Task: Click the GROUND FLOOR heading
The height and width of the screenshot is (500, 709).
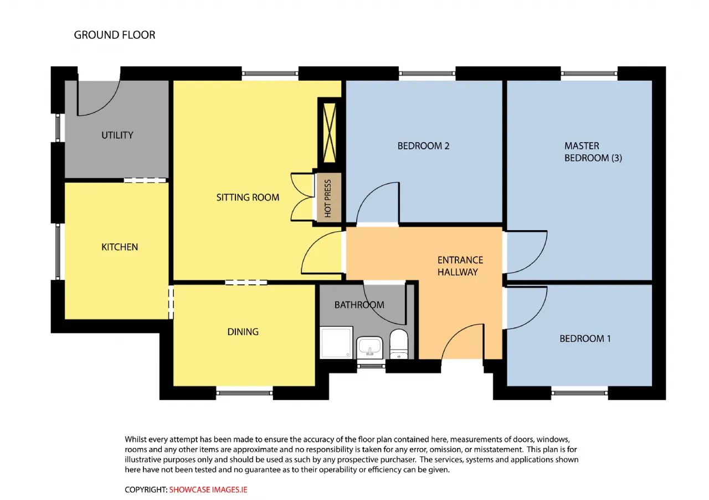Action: tap(115, 35)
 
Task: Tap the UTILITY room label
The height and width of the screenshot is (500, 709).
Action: tap(117, 136)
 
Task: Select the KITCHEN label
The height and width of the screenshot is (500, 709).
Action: tap(120, 247)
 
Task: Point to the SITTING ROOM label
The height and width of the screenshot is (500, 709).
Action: tap(248, 197)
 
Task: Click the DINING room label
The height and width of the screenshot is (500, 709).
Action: tap(243, 332)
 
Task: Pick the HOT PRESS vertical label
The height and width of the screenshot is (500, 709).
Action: tap(328, 199)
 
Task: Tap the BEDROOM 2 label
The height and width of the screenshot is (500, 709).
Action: tap(423, 146)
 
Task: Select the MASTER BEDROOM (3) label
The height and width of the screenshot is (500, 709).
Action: tap(593, 152)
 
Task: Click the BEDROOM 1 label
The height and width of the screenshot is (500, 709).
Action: tap(585, 339)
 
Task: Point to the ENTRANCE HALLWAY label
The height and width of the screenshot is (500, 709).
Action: tap(460, 266)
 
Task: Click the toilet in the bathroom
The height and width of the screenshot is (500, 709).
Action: tap(399, 344)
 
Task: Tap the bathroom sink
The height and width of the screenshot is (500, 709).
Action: tap(369, 348)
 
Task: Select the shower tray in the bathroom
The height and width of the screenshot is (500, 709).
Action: tap(336, 342)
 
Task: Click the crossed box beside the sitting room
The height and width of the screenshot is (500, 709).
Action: tap(330, 133)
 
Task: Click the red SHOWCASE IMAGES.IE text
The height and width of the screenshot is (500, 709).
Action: tap(208, 489)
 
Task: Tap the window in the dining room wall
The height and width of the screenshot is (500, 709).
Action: tap(244, 393)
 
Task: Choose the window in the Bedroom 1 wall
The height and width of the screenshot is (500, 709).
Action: tap(579, 393)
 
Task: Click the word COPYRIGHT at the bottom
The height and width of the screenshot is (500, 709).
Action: tap(146, 489)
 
